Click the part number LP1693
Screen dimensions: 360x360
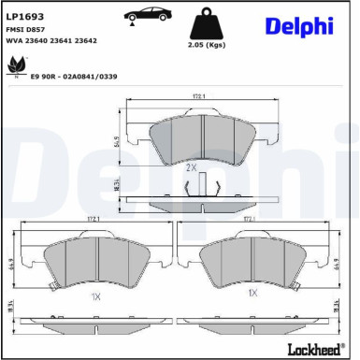[24, 17]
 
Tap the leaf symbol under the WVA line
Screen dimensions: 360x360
[16, 64]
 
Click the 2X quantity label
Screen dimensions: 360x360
[191, 166]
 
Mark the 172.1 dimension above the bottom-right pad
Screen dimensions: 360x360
[251, 222]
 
